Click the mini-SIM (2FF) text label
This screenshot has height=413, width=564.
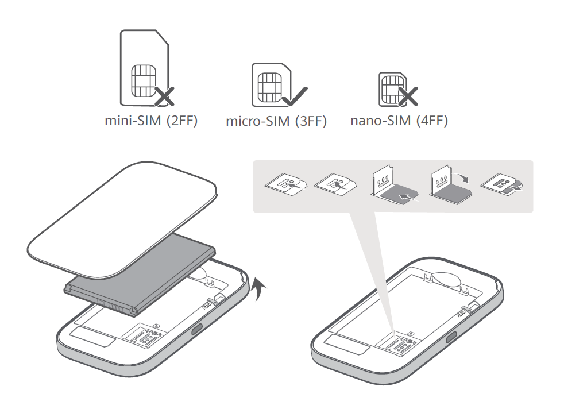click(x=151, y=121)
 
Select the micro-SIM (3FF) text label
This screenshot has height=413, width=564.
click(x=276, y=121)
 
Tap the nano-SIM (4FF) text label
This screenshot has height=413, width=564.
click(x=399, y=120)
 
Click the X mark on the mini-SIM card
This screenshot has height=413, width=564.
click(x=164, y=97)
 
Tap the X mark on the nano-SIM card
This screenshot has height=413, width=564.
click(x=408, y=97)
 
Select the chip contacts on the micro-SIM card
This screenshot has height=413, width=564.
click(x=270, y=87)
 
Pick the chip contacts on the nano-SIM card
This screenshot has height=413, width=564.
click(x=391, y=89)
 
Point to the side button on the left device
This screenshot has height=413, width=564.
click(x=197, y=329)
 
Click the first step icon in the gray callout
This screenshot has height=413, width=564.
click(x=287, y=184)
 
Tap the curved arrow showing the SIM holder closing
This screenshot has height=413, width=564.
click(x=462, y=176)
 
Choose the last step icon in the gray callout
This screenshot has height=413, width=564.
click(x=502, y=184)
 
